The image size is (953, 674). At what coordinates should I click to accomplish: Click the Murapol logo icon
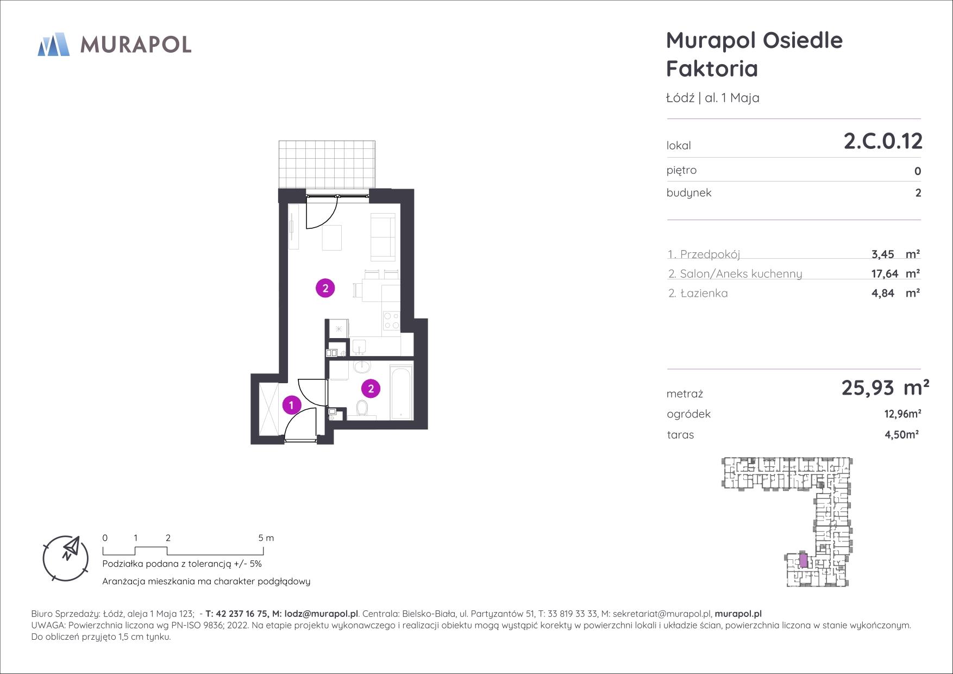[53, 44]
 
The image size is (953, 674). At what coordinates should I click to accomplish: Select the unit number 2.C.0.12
[883, 141]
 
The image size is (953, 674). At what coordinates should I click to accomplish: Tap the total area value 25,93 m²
[885, 388]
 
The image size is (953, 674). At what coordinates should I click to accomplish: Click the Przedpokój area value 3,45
[883, 254]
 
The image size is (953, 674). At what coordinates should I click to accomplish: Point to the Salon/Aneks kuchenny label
[735, 274]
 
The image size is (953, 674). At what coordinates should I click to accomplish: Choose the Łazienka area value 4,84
[883, 294]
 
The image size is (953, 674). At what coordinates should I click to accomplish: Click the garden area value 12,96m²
[902, 414]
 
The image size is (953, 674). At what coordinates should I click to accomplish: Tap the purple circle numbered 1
[292, 405]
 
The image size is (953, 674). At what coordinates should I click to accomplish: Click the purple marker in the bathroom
[371, 389]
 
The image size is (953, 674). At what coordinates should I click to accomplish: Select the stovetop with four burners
[391, 320]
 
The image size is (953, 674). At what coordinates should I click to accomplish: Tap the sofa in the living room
[383, 236]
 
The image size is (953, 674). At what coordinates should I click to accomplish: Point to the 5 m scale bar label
[266, 538]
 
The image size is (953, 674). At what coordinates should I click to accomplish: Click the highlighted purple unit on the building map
[804, 560]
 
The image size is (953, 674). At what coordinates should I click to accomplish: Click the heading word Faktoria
[712, 69]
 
